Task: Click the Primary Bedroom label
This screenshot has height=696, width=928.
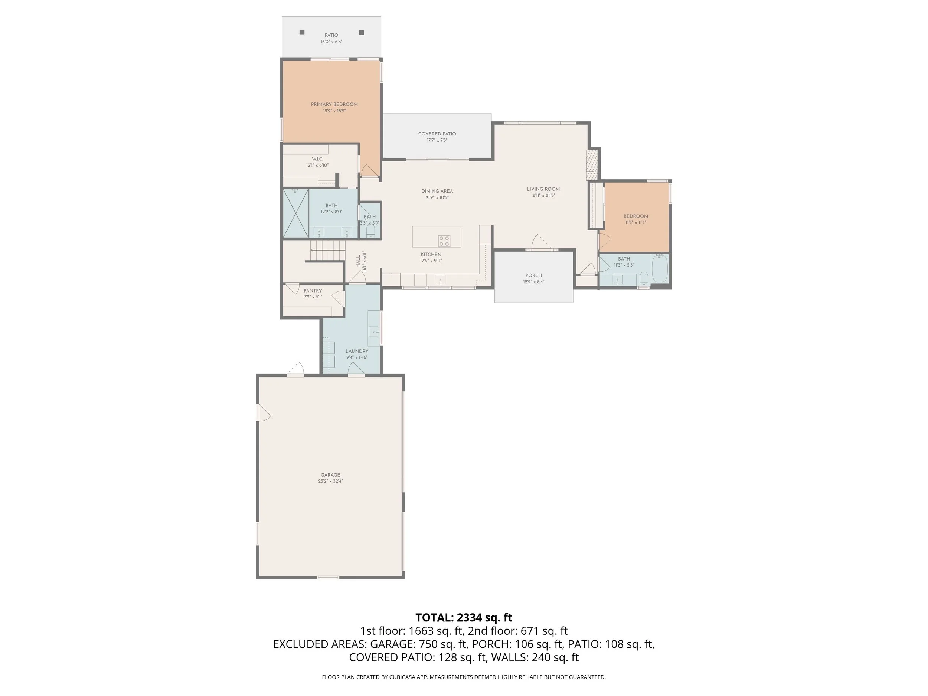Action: pyautogui.click(x=334, y=104)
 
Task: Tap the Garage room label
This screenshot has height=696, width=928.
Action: pyautogui.click(x=331, y=475)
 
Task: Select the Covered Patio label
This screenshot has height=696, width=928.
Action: pyautogui.click(x=437, y=134)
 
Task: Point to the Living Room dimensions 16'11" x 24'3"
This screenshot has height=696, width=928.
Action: pyautogui.click(x=543, y=196)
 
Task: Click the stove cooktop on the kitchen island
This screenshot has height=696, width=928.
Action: pyautogui.click(x=444, y=241)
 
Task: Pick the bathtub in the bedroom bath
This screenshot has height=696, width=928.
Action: pyautogui.click(x=660, y=268)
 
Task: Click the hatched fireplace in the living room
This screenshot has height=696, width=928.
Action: pyautogui.click(x=592, y=165)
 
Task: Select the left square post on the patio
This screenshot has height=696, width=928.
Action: pyautogui.click(x=302, y=32)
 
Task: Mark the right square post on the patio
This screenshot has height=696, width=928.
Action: pyautogui.click(x=362, y=33)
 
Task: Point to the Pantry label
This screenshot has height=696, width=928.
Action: pyautogui.click(x=313, y=291)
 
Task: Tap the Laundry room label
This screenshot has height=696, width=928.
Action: pyautogui.click(x=357, y=351)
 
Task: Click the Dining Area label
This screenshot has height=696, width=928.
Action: pyautogui.click(x=437, y=191)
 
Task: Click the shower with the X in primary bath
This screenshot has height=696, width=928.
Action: pyautogui.click(x=296, y=213)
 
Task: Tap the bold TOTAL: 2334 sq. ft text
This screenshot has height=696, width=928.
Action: pyautogui.click(x=464, y=618)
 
